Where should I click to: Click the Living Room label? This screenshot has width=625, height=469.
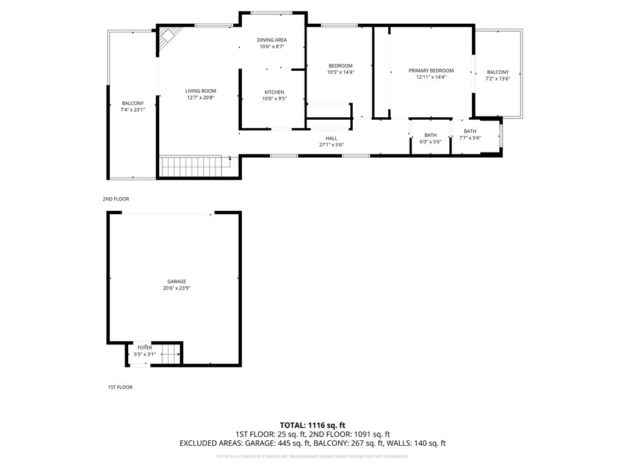pos(200,91)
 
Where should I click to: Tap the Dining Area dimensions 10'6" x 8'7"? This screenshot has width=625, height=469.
pos(272,46)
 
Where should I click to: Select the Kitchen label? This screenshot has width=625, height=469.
pos(275,92)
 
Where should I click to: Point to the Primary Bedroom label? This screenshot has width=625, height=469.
pos(431,71)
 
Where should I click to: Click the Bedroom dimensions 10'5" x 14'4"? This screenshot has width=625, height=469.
pos(341,73)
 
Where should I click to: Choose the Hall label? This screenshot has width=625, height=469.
pos(331,139)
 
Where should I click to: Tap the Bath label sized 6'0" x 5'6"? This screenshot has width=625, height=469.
pos(430,135)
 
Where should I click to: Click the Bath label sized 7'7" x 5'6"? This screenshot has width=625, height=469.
pos(470,131)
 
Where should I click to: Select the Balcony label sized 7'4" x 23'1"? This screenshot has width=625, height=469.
pos(132,103)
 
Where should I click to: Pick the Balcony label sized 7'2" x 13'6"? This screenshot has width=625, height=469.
pos(498,72)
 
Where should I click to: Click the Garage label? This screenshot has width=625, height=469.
pos(176,282)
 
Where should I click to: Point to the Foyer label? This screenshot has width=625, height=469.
pos(145,347)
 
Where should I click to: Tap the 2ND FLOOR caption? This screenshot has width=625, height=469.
pos(116,199)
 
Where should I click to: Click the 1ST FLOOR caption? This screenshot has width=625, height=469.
pos(120,387)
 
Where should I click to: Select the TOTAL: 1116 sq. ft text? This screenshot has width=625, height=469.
pos(312,425)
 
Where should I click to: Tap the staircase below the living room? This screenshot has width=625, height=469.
pos(190,166)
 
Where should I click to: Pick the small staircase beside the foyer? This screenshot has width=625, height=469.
pos(171,354)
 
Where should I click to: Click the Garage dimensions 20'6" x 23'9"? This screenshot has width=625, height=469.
pos(176,288)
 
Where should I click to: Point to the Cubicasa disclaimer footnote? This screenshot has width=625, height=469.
pos(312,456)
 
